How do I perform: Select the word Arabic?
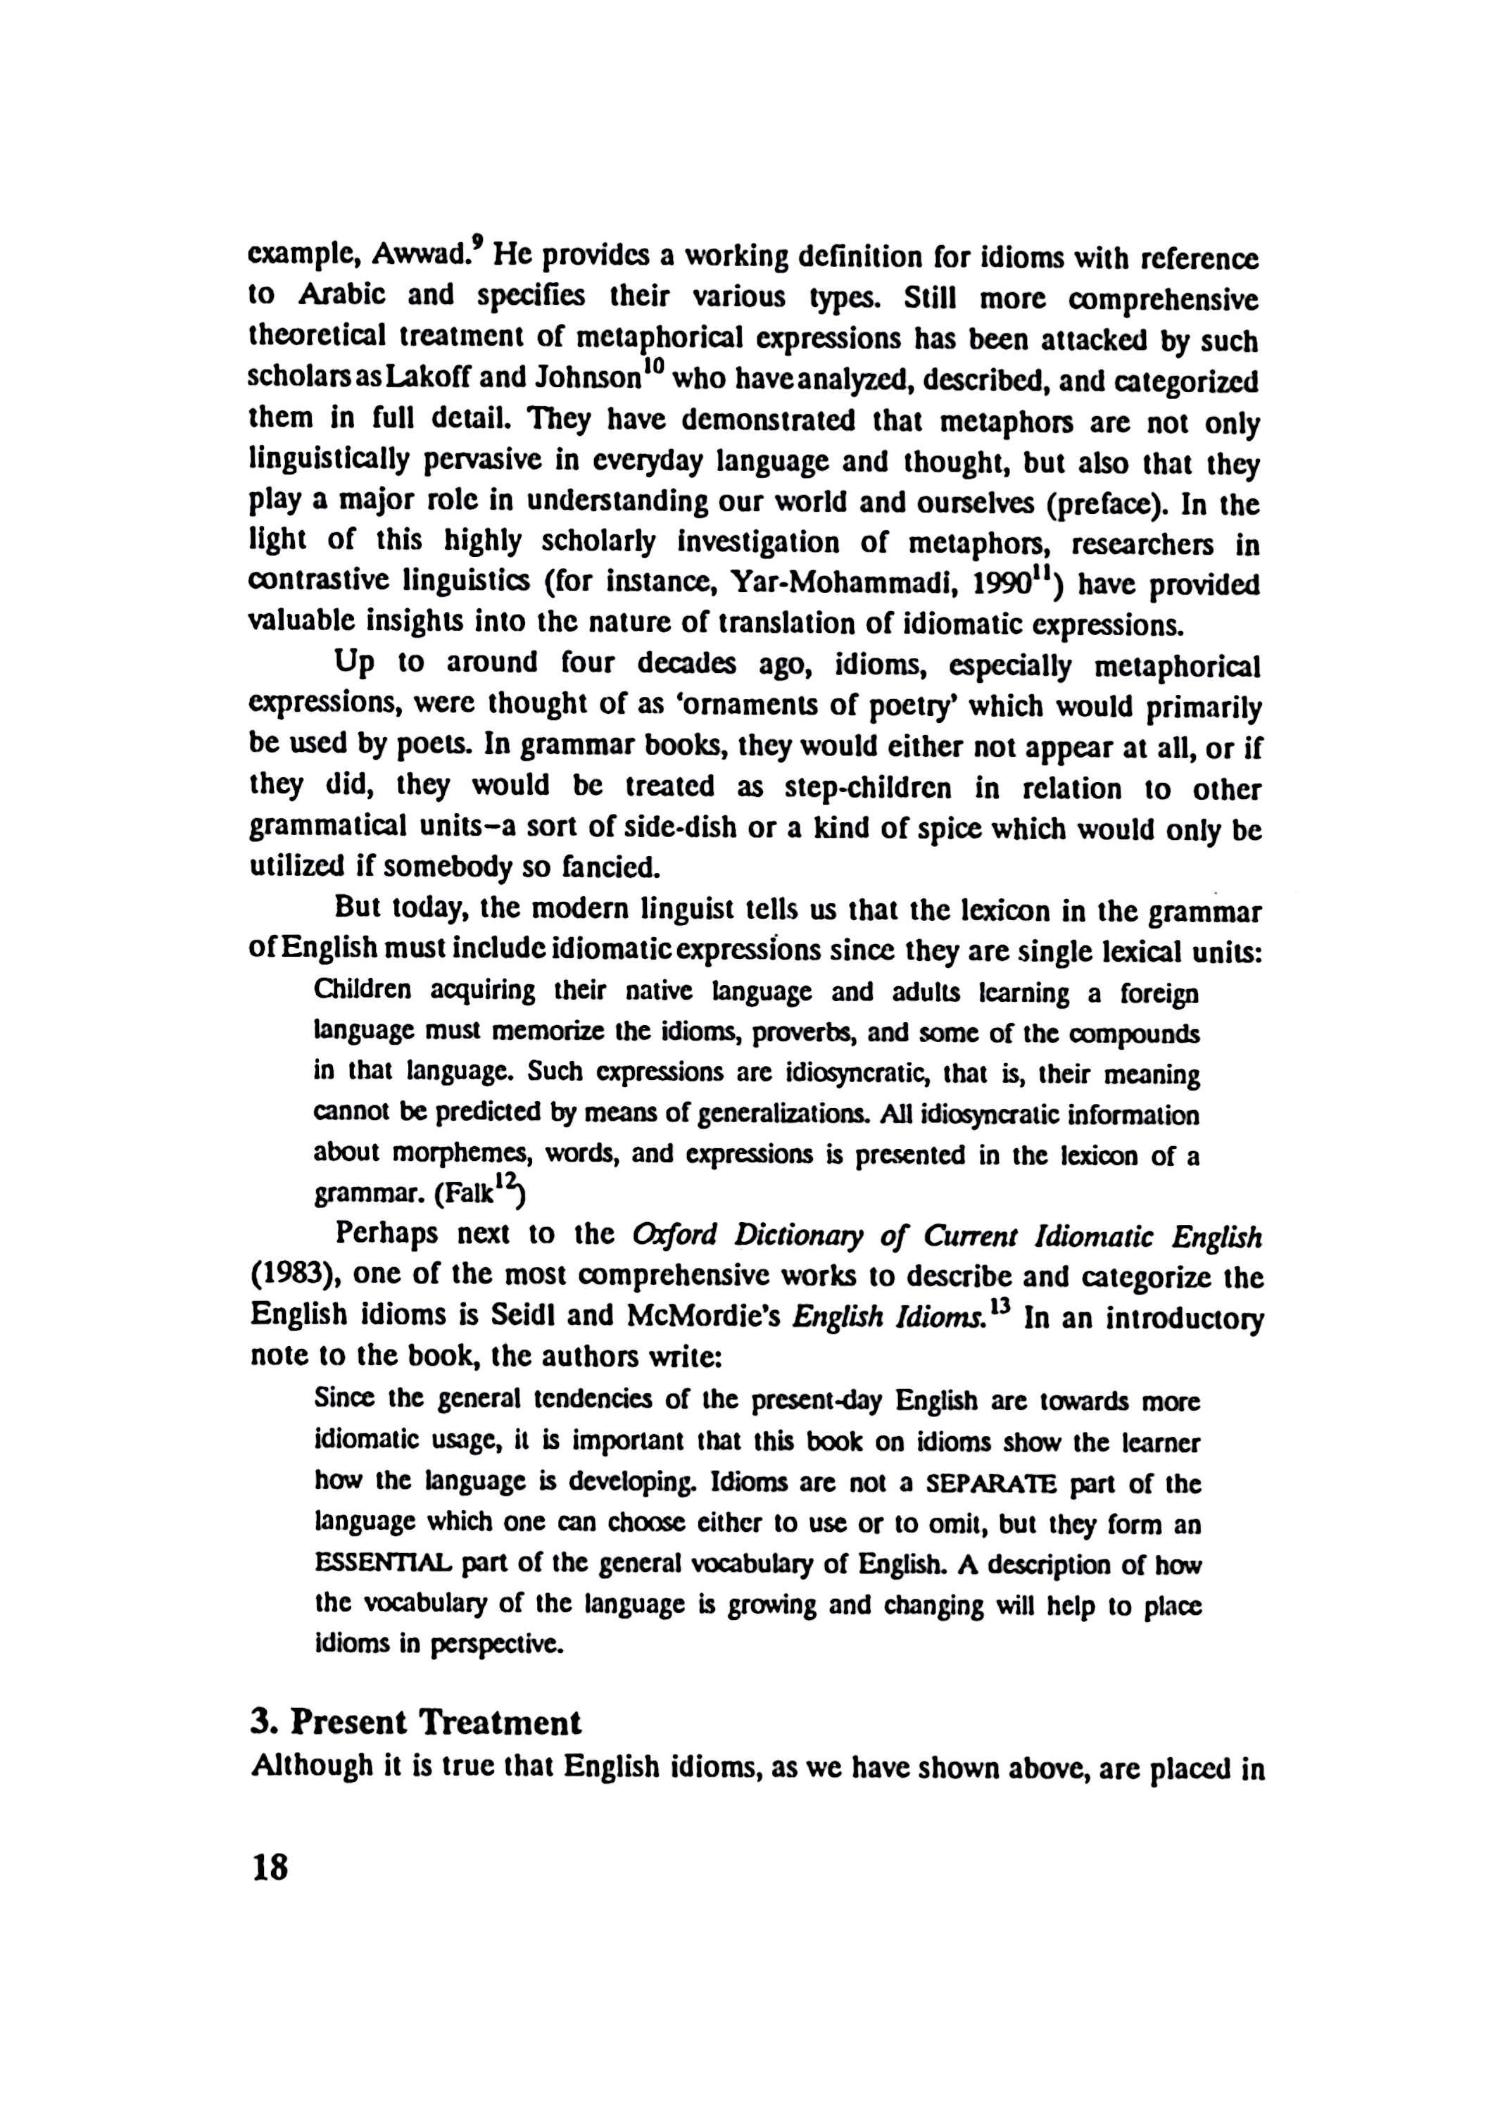(x=339, y=295)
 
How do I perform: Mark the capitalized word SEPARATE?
(x=979, y=1485)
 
